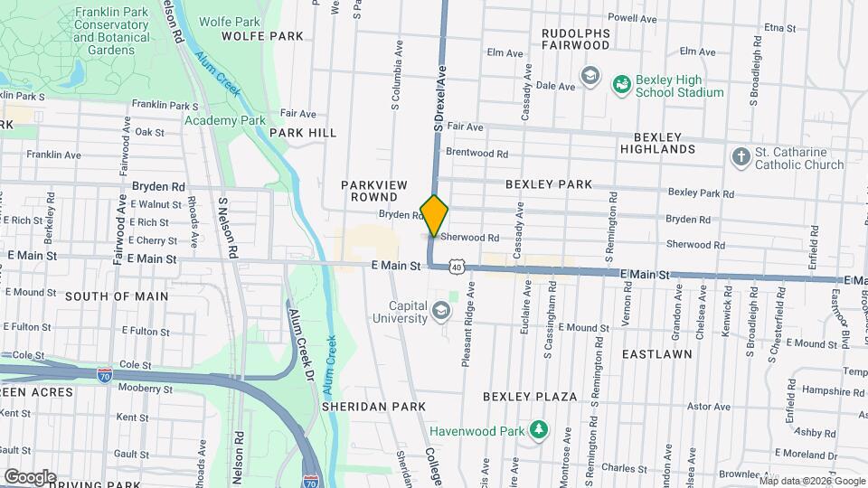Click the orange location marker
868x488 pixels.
(435, 215)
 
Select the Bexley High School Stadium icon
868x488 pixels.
(621, 85)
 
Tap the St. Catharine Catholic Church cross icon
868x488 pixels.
(740, 158)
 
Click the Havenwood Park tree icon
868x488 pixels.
(539, 427)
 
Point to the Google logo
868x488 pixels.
(30, 476)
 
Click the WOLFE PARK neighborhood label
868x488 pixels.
(262, 36)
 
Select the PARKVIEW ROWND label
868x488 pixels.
(370, 191)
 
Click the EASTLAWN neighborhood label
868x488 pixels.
(656, 354)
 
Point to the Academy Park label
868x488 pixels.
(225, 120)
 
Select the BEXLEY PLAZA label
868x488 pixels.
(530, 397)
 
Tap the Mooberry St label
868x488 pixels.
(146, 389)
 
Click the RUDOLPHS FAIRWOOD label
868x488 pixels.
(576, 38)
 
